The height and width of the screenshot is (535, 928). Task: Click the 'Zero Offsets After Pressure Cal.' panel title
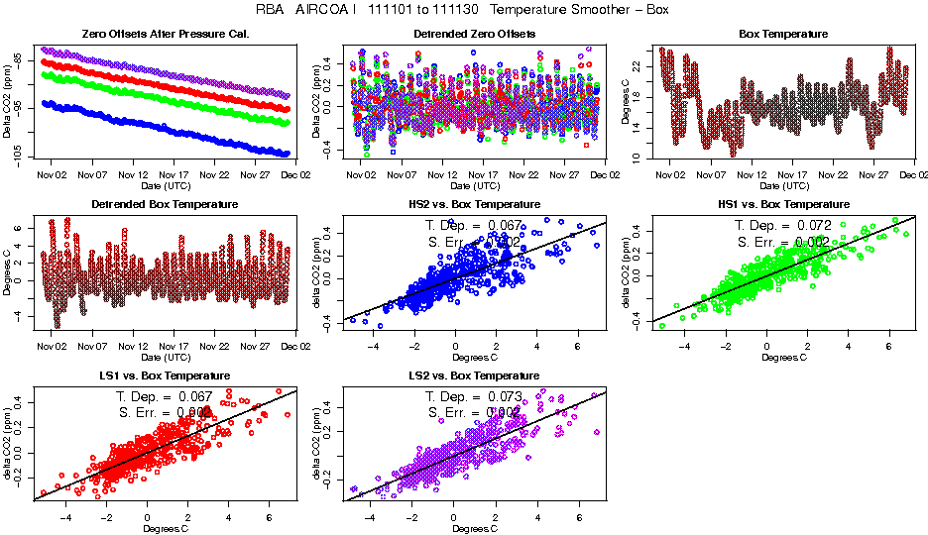coord(165,35)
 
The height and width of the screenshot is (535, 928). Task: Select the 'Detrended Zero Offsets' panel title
coord(474,35)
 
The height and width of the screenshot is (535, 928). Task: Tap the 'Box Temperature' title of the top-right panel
coord(783,35)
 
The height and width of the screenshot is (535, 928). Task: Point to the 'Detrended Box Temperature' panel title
coord(165,205)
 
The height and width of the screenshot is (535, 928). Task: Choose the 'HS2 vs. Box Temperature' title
coord(474,205)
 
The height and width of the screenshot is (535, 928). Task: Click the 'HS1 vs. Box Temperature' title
coord(783,205)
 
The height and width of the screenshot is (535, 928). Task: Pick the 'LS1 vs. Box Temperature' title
coord(165,376)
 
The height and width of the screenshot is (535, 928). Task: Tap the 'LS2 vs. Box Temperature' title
coord(474,376)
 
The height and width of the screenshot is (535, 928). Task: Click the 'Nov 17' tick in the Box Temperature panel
coord(793,175)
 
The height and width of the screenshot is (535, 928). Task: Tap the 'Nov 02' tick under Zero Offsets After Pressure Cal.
coord(52,175)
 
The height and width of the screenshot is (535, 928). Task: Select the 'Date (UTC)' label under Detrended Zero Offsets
coord(474,185)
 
